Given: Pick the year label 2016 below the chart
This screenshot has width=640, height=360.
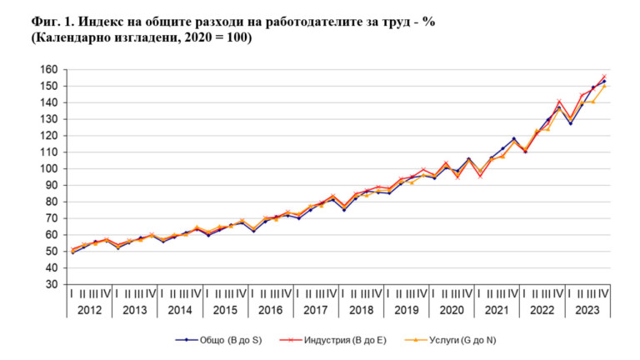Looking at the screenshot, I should click(270, 310).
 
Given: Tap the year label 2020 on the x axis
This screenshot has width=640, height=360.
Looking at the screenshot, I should click(450, 310).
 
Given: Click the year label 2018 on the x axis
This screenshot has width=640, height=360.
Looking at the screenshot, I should click(360, 310).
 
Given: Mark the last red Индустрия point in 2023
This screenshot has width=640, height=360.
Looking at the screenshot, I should click(603, 77).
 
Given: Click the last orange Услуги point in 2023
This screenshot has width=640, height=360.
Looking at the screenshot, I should click(603, 86).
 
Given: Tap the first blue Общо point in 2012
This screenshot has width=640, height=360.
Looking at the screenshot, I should click(72, 252).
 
